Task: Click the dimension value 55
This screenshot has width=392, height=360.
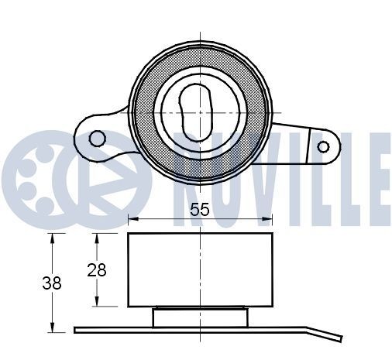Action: pyautogui.click(x=199, y=208)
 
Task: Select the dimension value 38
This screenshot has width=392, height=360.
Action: pyautogui.click(x=51, y=283)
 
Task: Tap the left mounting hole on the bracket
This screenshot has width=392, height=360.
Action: pyautogui.click(x=98, y=139)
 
